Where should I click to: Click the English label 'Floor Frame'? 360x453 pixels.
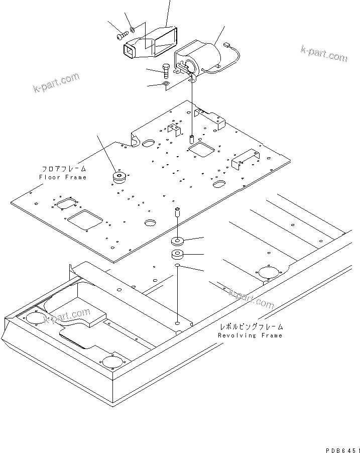pyautogui.click(x=63, y=177)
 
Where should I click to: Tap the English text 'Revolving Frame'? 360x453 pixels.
pyautogui.click(x=250, y=335)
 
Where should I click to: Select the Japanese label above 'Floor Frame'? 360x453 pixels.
pyautogui.click(x=64, y=169)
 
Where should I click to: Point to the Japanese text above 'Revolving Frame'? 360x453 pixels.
pyautogui.click(x=251, y=326)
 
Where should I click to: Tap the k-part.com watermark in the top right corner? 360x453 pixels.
pyautogui.click(x=323, y=53)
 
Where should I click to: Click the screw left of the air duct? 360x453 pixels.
pyautogui.click(x=122, y=36)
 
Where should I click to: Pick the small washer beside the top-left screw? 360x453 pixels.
pyautogui.click(x=132, y=30)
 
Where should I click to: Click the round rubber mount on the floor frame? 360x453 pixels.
pyautogui.click(x=119, y=178)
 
